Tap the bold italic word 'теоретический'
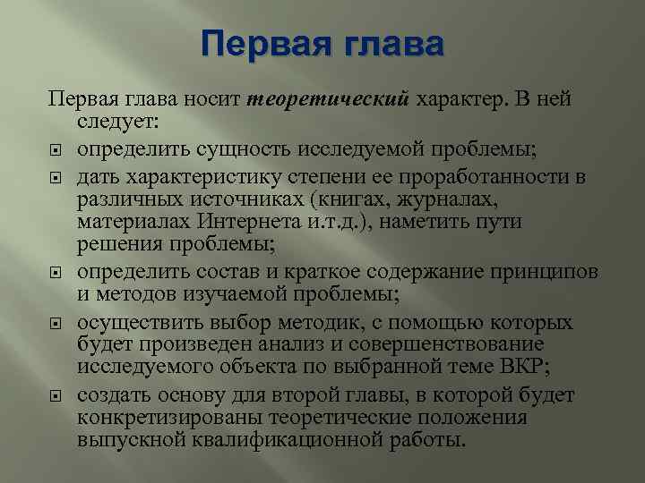(x=327, y=98)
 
